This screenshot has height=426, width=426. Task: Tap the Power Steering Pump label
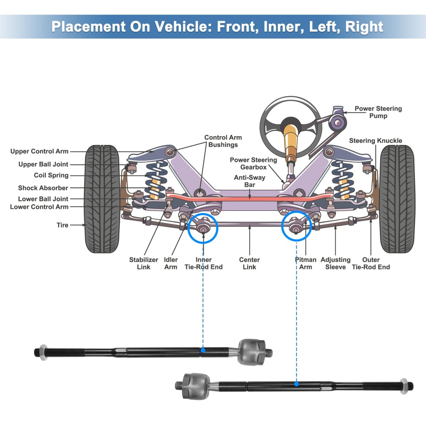[x=378, y=112]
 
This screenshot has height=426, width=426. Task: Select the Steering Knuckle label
[x=376, y=141]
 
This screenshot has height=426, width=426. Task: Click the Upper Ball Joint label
[x=43, y=164]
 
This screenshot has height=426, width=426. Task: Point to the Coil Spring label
[x=51, y=175]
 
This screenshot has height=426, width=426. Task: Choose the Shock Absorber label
[x=43, y=188]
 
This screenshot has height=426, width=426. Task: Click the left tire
[x=102, y=199]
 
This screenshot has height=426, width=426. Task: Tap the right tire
[x=397, y=199]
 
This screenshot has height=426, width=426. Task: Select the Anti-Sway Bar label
[x=250, y=181]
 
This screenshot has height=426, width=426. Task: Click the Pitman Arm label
[x=305, y=263]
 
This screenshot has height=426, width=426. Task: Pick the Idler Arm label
[x=171, y=263]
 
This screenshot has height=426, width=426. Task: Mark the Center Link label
[x=249, y=263]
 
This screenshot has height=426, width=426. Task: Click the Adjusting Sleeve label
[x=335, y=263]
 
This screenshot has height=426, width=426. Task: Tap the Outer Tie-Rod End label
[x=371, y=263]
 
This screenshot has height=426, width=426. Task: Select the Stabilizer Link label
[x=143, y=263]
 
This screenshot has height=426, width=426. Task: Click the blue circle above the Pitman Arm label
[x=296, y=226]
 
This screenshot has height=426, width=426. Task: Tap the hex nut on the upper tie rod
[x=43, y=353]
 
